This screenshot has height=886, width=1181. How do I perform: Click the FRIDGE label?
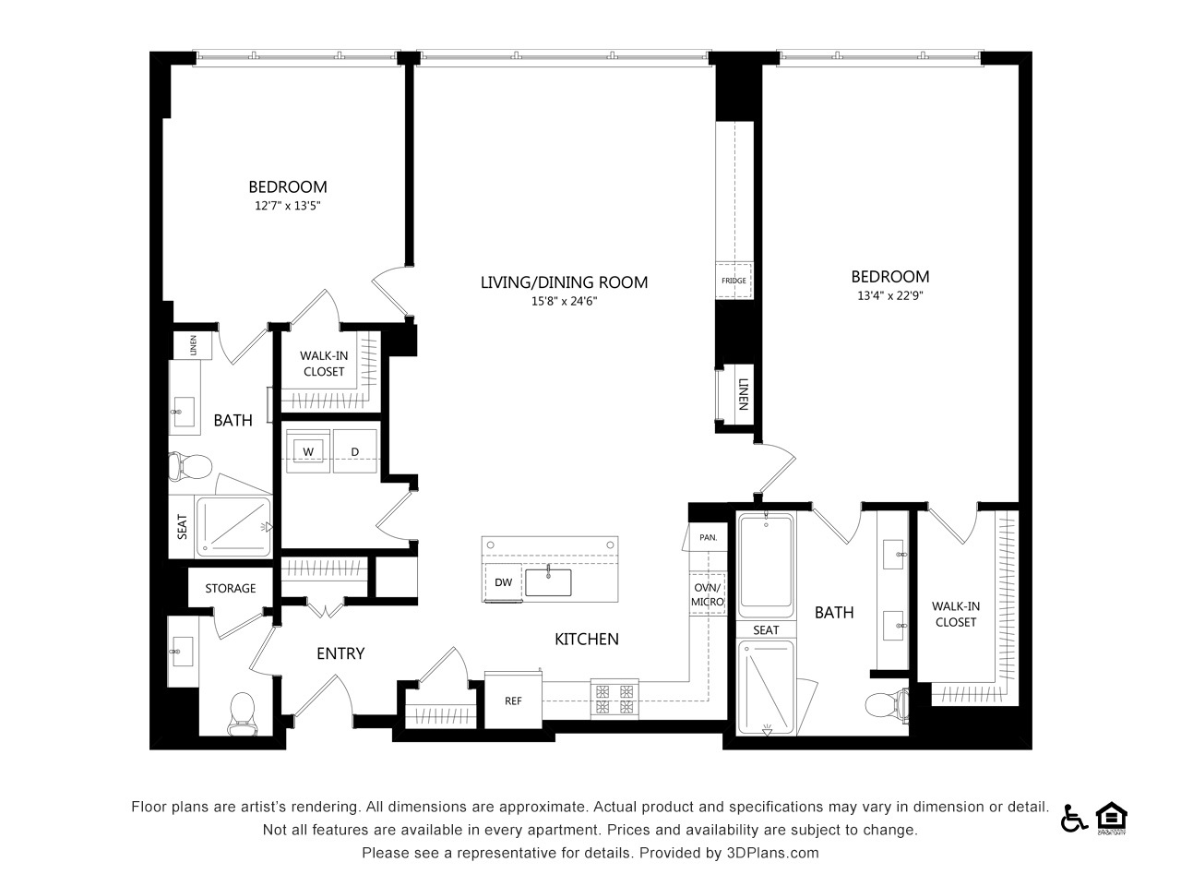734,281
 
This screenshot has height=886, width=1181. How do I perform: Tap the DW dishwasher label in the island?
503,582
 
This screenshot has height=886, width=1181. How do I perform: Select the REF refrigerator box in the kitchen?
513,700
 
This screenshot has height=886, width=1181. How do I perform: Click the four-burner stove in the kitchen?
614,699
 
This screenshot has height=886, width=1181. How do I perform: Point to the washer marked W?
308,451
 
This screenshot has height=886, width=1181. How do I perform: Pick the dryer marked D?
355,451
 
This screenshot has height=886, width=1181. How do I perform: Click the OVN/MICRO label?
707,594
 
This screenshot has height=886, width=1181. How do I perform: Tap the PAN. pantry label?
708,537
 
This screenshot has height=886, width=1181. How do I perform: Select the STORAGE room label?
231,589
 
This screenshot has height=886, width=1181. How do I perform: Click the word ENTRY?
340,653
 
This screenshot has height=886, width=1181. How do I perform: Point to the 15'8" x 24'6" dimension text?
564,301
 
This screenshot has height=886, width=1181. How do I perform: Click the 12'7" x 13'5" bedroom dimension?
287,206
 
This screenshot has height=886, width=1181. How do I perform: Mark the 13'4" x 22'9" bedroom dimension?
890,295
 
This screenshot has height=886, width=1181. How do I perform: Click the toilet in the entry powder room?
242,712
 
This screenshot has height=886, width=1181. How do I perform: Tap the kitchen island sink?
548,581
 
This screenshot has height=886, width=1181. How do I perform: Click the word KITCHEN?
587,639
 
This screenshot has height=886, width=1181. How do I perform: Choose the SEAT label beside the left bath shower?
183,527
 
